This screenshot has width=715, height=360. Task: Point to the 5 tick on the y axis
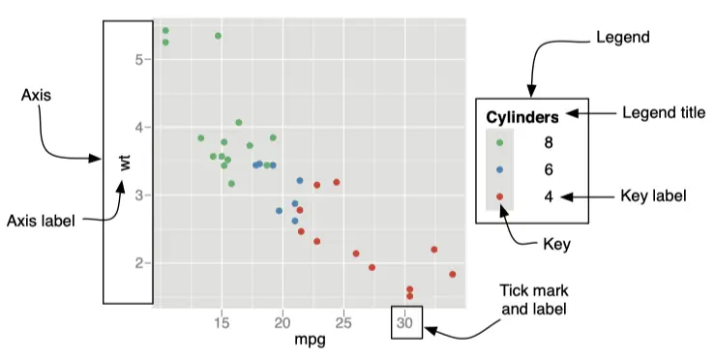point(139,59)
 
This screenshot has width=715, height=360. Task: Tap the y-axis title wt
point(124,162)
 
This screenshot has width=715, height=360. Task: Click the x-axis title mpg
point(310,342)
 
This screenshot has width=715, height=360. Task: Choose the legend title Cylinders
point(521,118)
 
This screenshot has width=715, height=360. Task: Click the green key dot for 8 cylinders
point(499,142)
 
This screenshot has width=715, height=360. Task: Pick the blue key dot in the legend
point(499,169)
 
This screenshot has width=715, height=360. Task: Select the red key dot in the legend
point(499,196)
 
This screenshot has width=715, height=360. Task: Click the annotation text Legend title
point(663,112)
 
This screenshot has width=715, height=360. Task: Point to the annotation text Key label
point(653,196)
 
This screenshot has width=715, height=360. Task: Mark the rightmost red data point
point(453,275)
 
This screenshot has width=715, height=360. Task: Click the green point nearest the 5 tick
point(165,42)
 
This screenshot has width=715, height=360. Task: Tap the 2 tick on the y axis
point(139,263)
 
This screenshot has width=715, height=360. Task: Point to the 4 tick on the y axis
point(139,127)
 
